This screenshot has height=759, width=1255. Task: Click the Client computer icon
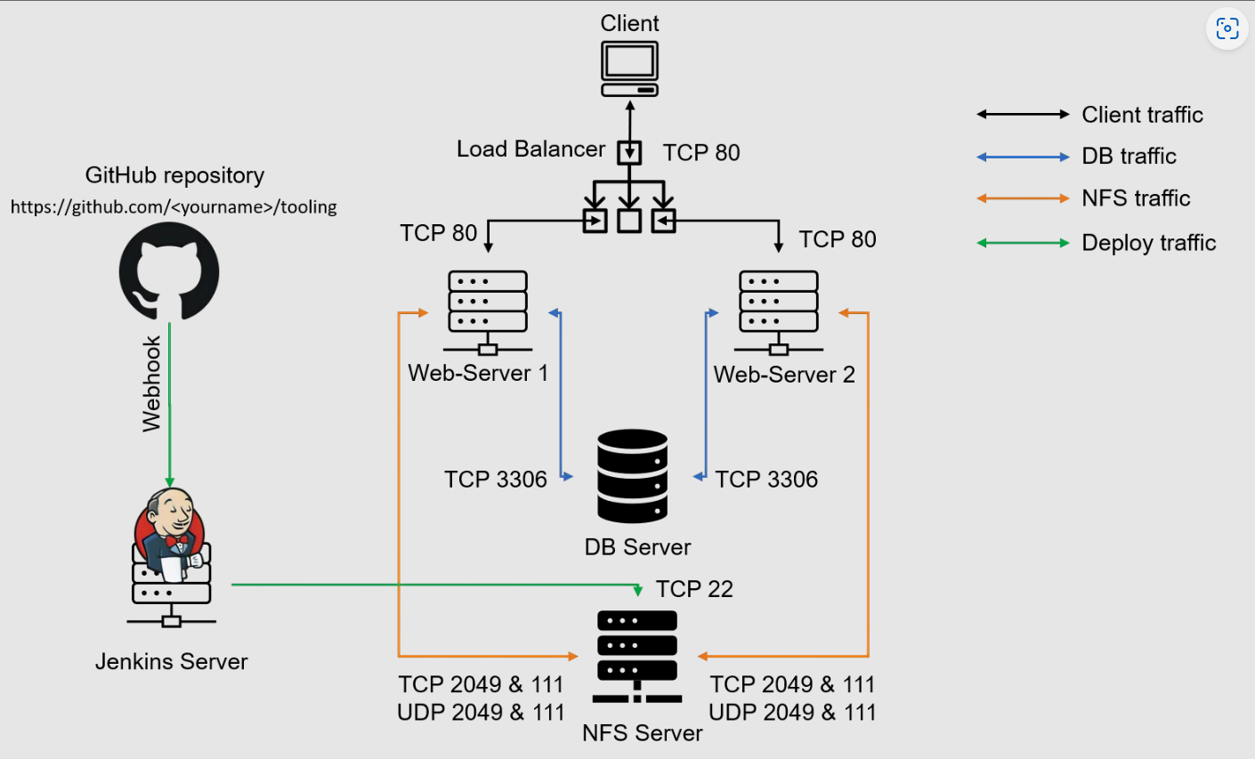[629, 69]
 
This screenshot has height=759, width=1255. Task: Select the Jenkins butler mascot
[170, 529]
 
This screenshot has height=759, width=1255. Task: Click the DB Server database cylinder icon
[632, 476]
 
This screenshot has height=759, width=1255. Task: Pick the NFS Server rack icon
[637, 657]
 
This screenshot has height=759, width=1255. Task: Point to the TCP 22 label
[694, 589]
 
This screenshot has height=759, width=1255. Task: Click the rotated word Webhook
[152, 384]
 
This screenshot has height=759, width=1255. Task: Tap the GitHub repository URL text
[174, 207]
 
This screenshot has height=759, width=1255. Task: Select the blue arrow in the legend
[1023, 157]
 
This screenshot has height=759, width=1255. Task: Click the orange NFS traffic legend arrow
[1023, 198]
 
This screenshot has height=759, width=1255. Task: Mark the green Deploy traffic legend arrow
[1023, 243]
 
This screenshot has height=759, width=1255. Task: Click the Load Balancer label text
[530, 149]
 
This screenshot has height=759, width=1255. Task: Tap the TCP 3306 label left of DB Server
[496, 480]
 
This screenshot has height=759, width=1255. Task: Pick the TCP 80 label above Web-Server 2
[838, 239]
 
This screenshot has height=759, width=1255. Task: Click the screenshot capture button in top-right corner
[1227, 29]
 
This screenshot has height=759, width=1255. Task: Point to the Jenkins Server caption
[172, 662]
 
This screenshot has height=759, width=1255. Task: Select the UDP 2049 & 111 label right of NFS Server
[792, 713]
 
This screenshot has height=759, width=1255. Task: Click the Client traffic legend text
[1142, 115]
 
